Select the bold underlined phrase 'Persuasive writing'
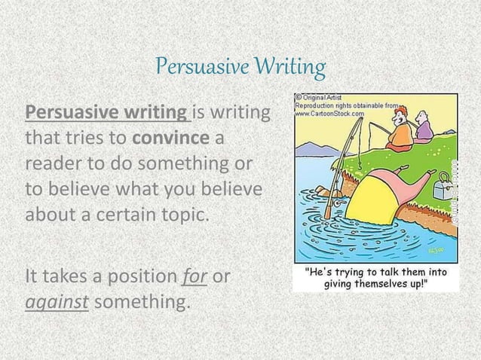pyautogui.click(x=108, y=114)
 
